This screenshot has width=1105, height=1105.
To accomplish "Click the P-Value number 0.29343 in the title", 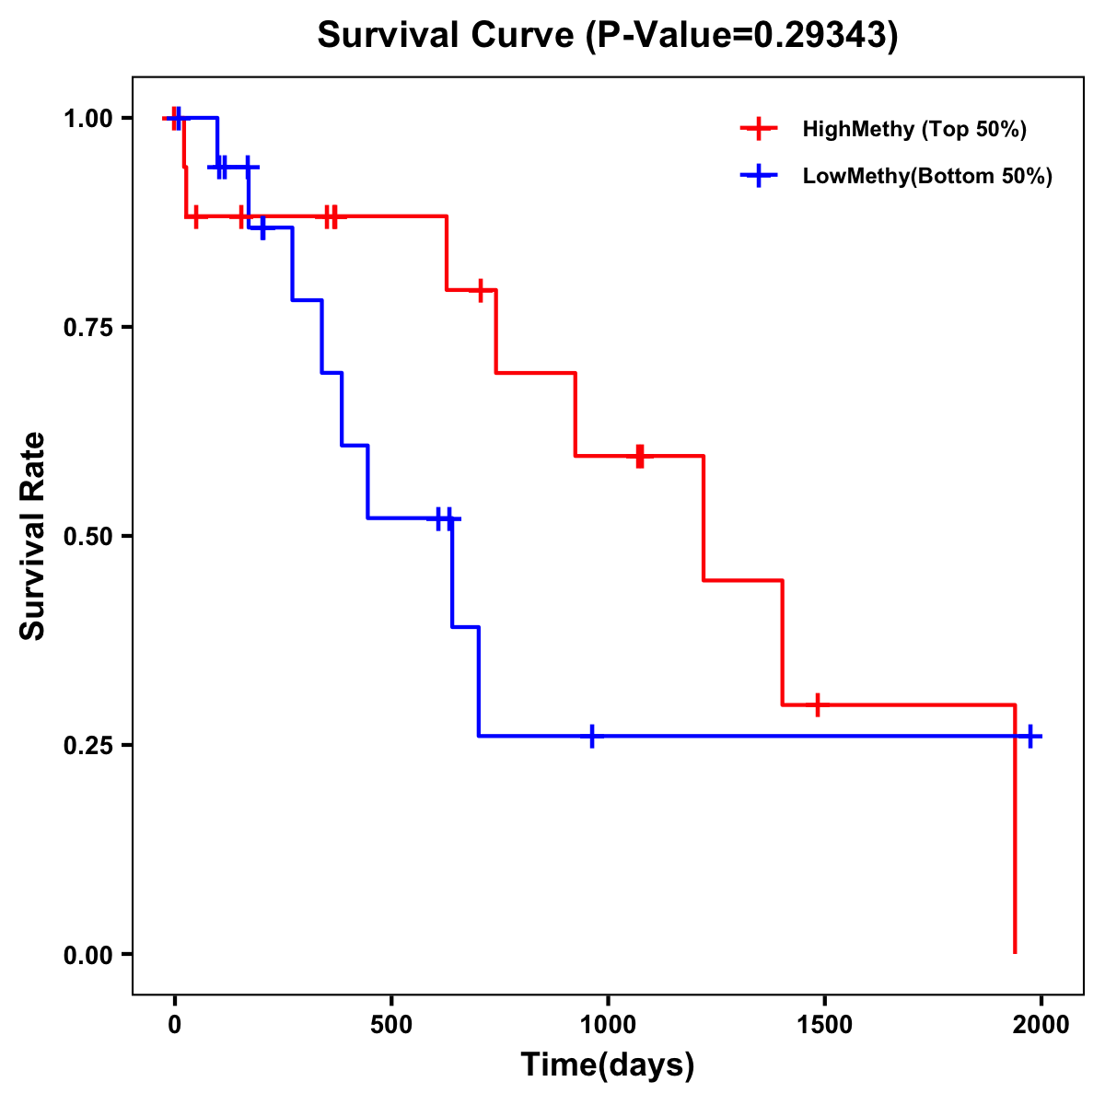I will tap(821, 35).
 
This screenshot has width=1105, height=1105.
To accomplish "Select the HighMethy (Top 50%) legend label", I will tap(914, 129).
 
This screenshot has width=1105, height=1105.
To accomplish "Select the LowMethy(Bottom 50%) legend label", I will tap(927, 176).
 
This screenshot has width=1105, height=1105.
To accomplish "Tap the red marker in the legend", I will tap(759, 129).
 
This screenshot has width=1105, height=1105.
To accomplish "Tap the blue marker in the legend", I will tap(759, 176).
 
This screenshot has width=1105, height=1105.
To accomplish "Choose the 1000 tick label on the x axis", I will tap(608, 1025).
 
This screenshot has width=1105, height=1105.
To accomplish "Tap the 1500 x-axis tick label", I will tap(824, 1025).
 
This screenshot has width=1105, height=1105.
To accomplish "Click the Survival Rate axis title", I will tap(33, 536).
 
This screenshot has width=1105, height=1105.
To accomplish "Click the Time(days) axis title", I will tap(608, 1065).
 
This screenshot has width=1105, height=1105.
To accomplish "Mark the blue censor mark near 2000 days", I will tap(1030, 737).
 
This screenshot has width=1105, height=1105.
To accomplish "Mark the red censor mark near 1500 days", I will tap(817, 704).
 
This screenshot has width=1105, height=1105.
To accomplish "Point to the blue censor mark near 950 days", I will tap(591, 737).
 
